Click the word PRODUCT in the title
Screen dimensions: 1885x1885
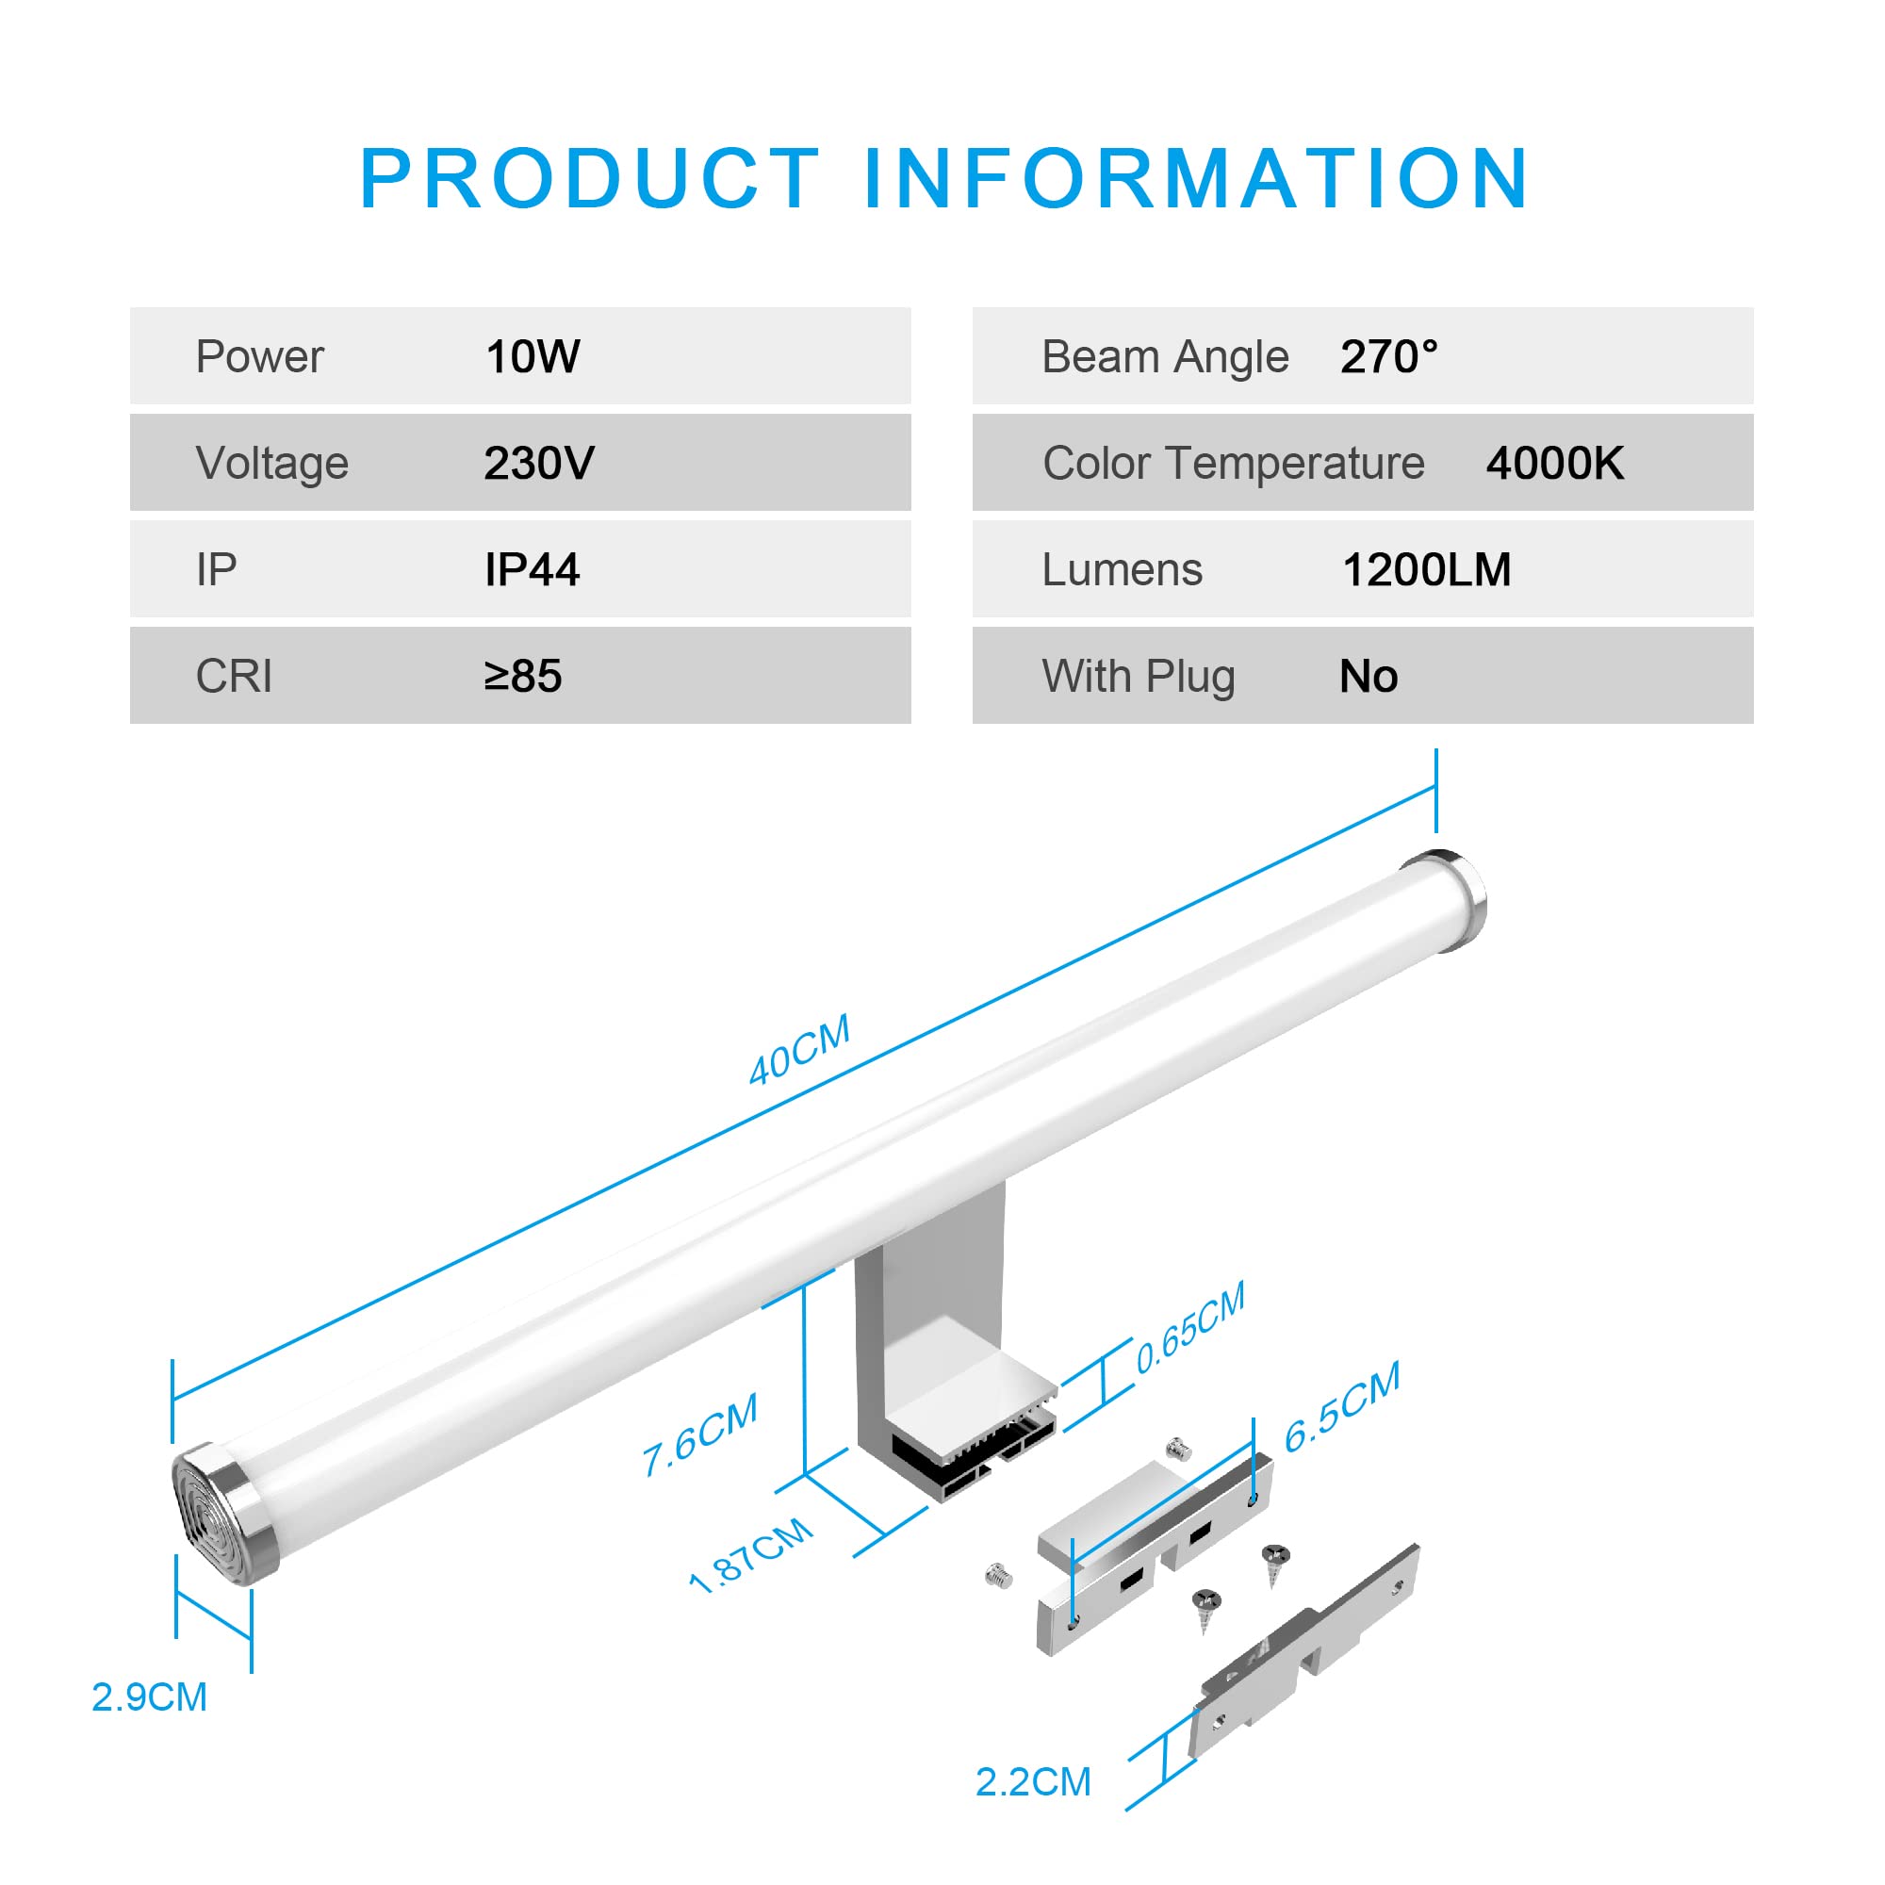(589, 178)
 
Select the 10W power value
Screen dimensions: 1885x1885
(533, 357)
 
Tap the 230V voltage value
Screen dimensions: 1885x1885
(538, 464)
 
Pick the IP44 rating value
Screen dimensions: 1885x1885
(532, 570)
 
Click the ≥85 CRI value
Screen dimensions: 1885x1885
(523, 676)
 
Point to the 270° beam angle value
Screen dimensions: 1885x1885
(1388, 357)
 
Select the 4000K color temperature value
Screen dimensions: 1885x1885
(1554, 464)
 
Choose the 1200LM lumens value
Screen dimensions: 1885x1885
(1426, 570)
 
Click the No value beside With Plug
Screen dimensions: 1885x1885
(1368, 676)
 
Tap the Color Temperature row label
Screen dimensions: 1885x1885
(1233, 464)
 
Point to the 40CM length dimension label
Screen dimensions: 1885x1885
(799, 1050)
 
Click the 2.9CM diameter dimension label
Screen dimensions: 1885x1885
(149, 1697)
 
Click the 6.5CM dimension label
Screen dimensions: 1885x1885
(1341, 1406)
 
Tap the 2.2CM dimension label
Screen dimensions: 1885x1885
(1033, 1782)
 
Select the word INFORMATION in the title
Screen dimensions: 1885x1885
(1197, 178)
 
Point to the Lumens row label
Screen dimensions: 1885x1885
(1122, 570)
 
